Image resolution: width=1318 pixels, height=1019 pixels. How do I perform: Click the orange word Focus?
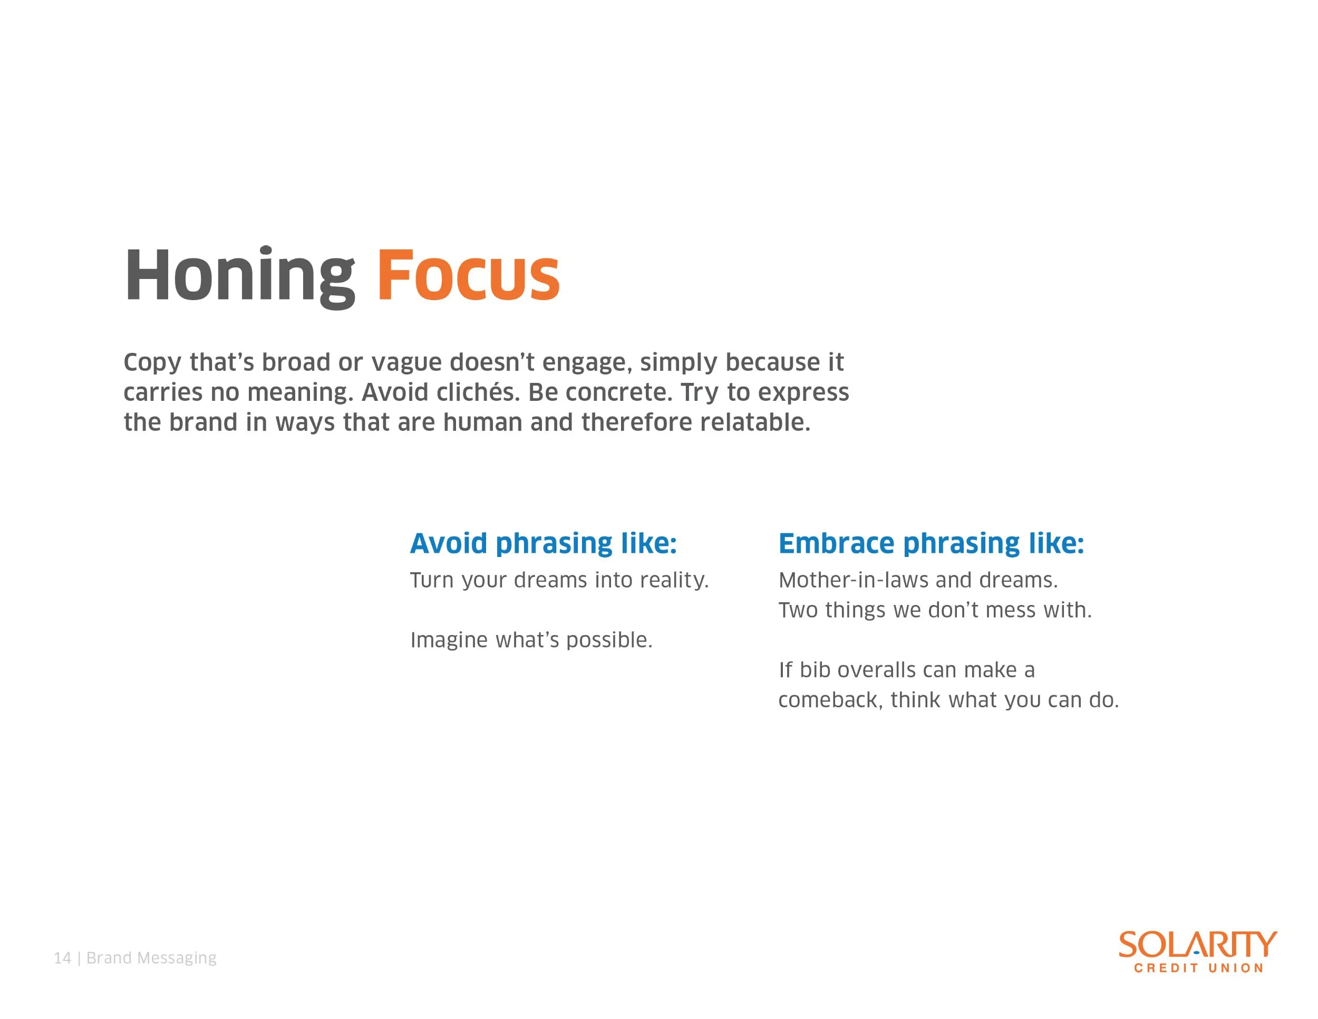(468, 275)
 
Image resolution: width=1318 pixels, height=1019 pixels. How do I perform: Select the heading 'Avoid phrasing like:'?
(543, 544)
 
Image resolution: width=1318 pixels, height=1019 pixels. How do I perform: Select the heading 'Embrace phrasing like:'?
(931, 544)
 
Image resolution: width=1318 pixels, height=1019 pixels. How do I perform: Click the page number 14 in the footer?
(62, 958)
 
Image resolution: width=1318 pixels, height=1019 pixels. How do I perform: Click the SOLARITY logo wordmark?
(1198, 945)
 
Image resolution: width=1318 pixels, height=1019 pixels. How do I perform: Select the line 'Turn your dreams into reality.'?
(559, 581)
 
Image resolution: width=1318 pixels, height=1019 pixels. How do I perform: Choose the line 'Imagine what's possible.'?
(531, 640)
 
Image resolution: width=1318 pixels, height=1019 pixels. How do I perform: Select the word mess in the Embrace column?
(1011, 611)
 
